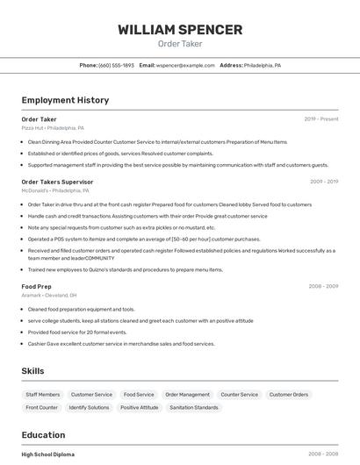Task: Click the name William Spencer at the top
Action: pos(180,30)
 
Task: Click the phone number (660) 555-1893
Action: pos(116,66)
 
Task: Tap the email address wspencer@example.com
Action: pos(185,66)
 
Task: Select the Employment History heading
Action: pos(65,100)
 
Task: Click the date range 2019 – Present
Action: pos(321,119)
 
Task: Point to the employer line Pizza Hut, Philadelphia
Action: pos(53,128)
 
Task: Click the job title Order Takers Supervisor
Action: pos(57,182)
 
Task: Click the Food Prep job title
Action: pos(37,287)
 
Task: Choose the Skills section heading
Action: pos(33,371)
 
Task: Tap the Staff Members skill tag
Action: pos(43,395)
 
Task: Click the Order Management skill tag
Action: pos(188,395)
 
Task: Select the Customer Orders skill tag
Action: pos(289,395)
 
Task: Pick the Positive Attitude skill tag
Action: pos(140,408)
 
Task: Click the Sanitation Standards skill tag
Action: pos(194,408)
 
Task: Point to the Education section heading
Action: pos(43,435)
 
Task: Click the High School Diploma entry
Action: pos(48,454)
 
